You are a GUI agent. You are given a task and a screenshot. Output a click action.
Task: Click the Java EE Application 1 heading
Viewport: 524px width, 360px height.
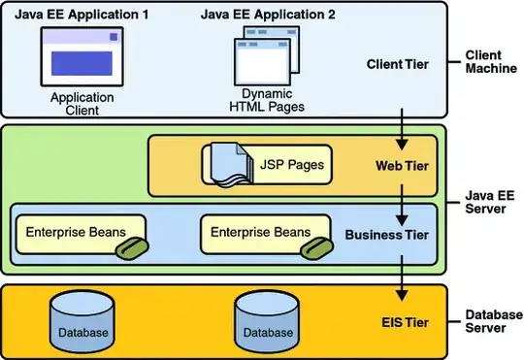(x=82, y=15)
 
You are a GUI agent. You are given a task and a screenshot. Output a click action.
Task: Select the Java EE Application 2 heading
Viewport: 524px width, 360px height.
(x=268, y=15)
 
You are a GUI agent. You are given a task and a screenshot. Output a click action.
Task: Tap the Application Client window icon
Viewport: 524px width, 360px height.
(x=82, y=57)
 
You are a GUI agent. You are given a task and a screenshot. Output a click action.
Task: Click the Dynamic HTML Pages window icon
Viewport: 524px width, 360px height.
(x=267, y=56)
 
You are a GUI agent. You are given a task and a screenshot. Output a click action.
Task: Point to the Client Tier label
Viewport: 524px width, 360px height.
(x=398, y=64)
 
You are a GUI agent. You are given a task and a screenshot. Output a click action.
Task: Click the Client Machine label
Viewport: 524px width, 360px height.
(x=491, y=62)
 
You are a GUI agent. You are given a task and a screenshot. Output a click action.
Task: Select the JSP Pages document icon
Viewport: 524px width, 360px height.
(x=232, y=164)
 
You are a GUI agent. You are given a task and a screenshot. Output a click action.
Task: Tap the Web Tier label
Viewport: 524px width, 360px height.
(x=402, y=166)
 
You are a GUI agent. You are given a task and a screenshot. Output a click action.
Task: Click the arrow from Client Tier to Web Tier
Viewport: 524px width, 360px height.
(x=402, y=129)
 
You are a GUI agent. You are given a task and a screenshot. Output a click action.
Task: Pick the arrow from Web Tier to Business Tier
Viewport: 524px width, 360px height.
(x=402, y=205)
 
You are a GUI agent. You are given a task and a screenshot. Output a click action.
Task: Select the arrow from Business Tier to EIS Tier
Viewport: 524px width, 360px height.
(x=402, y=278)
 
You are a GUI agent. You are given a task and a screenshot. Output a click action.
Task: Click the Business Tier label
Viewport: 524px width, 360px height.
(x=386, y=235)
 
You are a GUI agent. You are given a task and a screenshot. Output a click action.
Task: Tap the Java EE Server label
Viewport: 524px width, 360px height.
(x=490, y=202)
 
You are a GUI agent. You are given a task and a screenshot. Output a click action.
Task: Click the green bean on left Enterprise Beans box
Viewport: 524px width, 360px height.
(x=132, y=248)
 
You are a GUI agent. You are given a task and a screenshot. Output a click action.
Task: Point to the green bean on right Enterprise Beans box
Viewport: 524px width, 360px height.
(x=316, y=248)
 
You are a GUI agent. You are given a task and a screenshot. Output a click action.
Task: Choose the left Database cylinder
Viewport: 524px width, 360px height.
(x=82, y=321)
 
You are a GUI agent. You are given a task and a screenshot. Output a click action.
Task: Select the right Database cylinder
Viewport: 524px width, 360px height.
(x=268, y=321)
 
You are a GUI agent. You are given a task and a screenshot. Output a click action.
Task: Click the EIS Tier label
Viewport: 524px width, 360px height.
(x=406, y=322)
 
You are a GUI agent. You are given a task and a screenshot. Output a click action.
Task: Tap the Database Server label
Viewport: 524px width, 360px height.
(x=494, y=321)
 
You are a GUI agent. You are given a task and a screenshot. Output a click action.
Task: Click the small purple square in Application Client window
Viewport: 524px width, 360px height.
(x=114, y=37)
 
